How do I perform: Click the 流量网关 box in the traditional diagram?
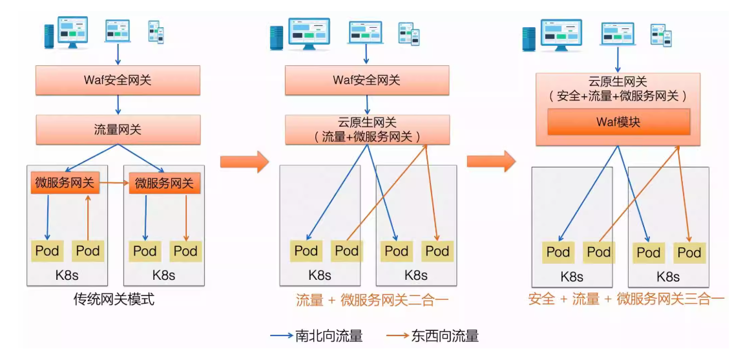point(118,129)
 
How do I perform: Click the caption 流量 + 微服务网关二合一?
point(372,300)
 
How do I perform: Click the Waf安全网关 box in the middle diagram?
point(367,80)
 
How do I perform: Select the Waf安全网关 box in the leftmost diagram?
point(118,80)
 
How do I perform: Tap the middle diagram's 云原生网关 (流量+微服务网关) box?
point(367,130)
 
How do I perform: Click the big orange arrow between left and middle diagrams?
point(244,162)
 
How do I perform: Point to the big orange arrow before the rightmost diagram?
point(492,162)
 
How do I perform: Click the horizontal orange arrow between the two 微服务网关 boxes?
point(114,183)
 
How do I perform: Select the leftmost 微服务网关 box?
point(65,183)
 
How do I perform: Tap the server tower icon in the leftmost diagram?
point(49,37)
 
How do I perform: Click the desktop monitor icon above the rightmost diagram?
point(561,34)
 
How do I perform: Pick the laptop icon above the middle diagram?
point(365,32)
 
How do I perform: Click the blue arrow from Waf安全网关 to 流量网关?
point(118,105)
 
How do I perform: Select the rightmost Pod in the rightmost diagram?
point(689,252)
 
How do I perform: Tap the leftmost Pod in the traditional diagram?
point(47,251)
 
